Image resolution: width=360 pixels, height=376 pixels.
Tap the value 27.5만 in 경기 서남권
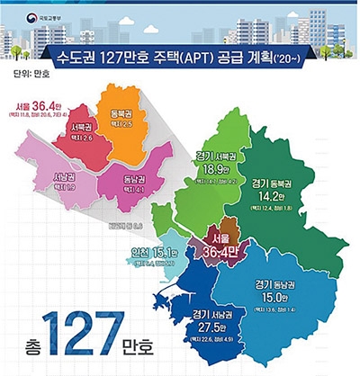pyautogui.click(x=212, y=328)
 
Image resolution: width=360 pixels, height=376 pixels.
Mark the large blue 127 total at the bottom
pyautogui.click(x=87, y=343)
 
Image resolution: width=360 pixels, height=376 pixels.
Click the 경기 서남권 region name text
pyautogui.click(x=212, y=314)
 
